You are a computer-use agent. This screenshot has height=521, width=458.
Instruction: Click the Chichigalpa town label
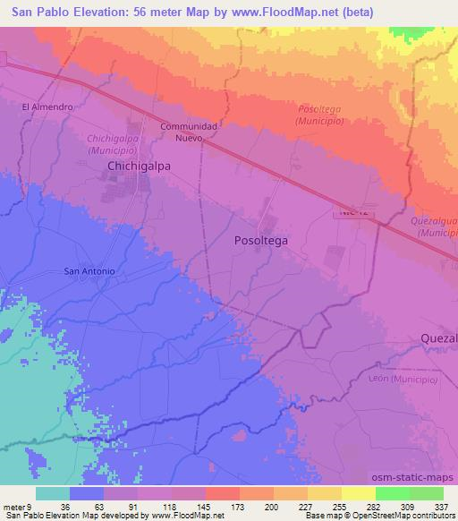click(x=139, y=166)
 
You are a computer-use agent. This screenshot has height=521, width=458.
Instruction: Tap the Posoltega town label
click(x=260, y=240)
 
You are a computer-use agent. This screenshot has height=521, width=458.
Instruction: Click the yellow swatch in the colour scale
click(x=358, y=493)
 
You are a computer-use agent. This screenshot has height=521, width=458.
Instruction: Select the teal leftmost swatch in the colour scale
click(x=53, y=493)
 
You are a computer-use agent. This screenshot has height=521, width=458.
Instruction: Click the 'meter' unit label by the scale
click(x=13, y=506)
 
